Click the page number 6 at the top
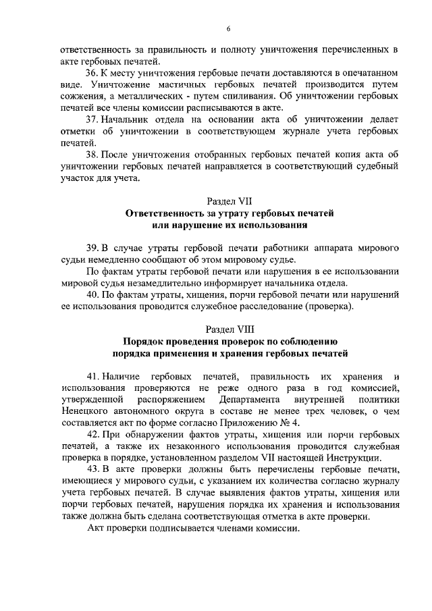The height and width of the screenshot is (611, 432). coord(229,28)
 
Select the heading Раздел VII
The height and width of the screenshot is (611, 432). coord(229,201)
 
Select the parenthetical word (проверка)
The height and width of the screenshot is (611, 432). coord(329,307)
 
